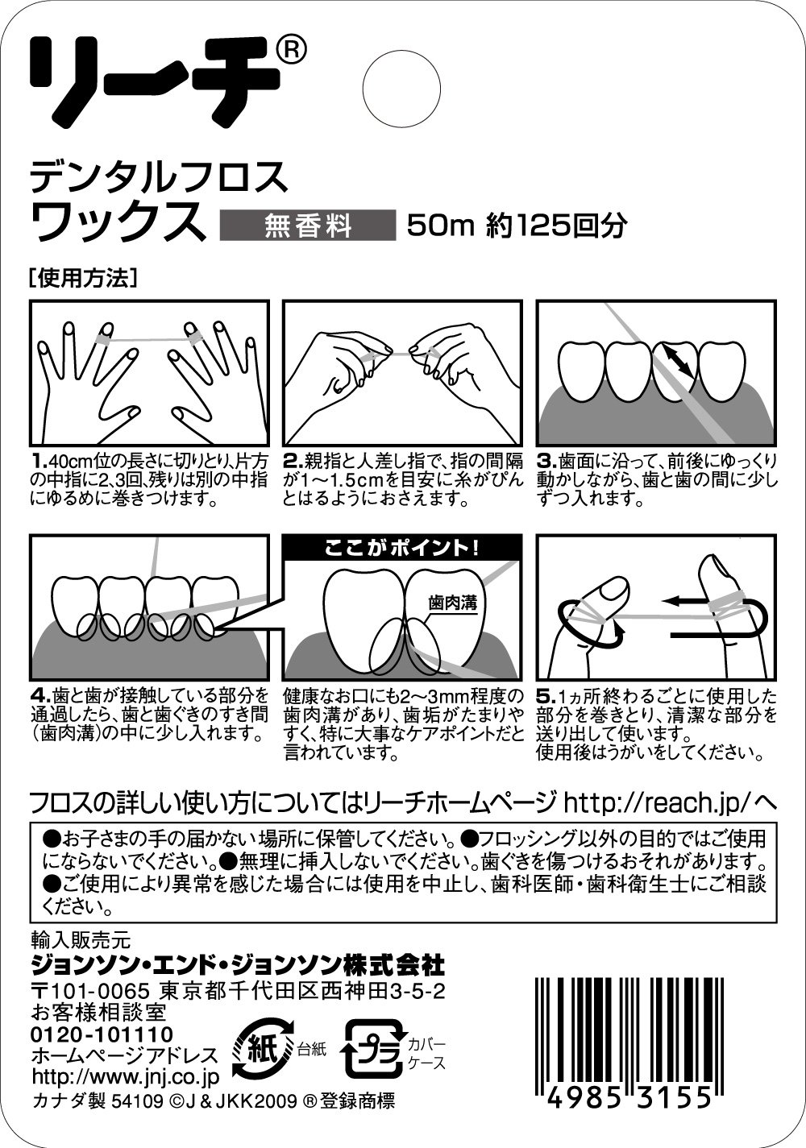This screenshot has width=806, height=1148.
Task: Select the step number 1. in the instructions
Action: (x=39, y=461)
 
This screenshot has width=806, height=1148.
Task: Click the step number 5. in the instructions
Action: (x=546, y=697)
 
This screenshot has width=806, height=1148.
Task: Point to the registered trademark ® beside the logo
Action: (x=293, y=48)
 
